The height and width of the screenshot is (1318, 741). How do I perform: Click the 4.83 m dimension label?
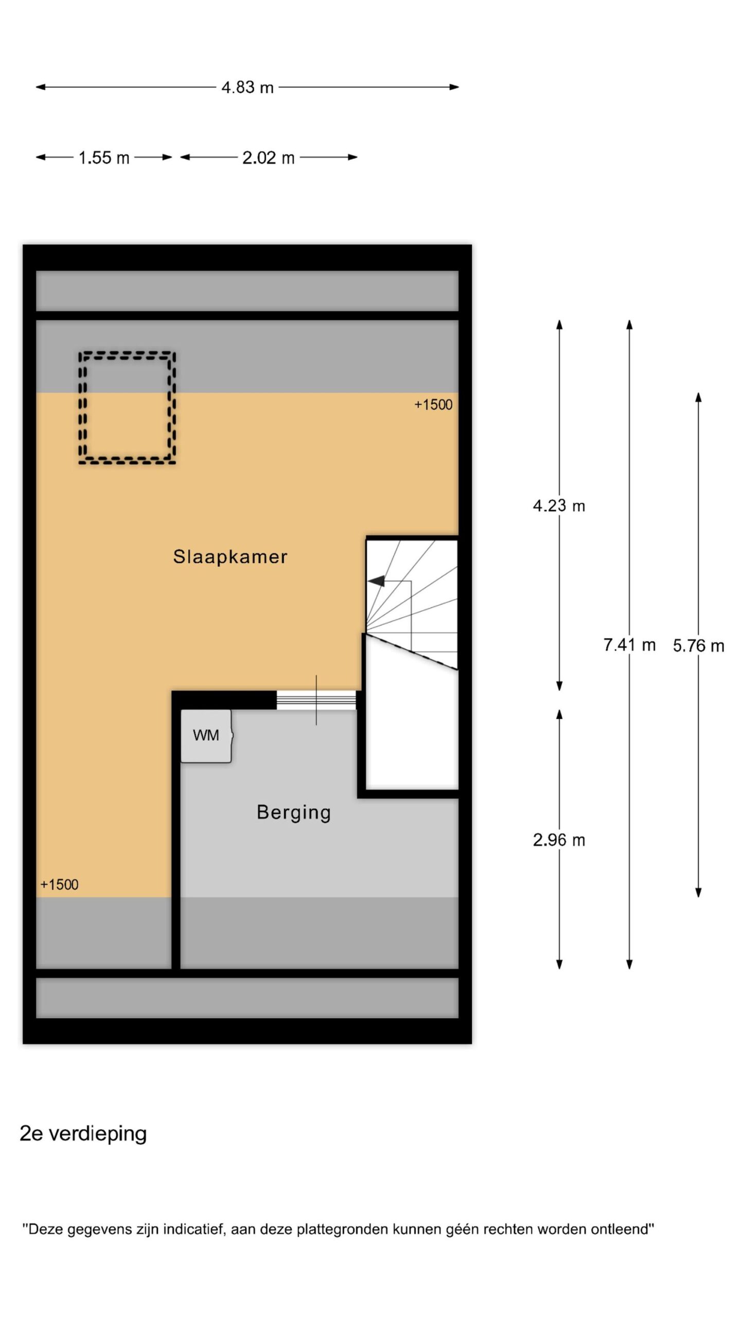click(248, 88)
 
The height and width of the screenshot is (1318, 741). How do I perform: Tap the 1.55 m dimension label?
click(104, 158)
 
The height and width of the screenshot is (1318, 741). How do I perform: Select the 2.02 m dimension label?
click(269, 158)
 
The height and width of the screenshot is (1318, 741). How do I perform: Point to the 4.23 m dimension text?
click(559, 506)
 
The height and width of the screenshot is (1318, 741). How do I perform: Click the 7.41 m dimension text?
click(629, 645)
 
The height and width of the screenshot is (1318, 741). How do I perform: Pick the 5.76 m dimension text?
click(699, 646)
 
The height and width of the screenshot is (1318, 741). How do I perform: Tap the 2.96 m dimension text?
click(559, 840)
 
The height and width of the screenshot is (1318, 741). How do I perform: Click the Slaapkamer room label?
click(230, 557)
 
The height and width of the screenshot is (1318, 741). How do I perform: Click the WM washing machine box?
click(206, 736)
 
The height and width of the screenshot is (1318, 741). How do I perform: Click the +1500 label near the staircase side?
click(433, 405)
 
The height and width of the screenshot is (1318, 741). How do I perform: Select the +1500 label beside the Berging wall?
click(59, 885)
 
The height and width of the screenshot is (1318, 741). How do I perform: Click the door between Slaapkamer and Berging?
click(316, 700)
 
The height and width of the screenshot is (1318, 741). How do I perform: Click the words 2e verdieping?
click(83, 1134)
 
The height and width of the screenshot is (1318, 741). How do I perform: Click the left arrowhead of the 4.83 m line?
click(41, 87)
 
